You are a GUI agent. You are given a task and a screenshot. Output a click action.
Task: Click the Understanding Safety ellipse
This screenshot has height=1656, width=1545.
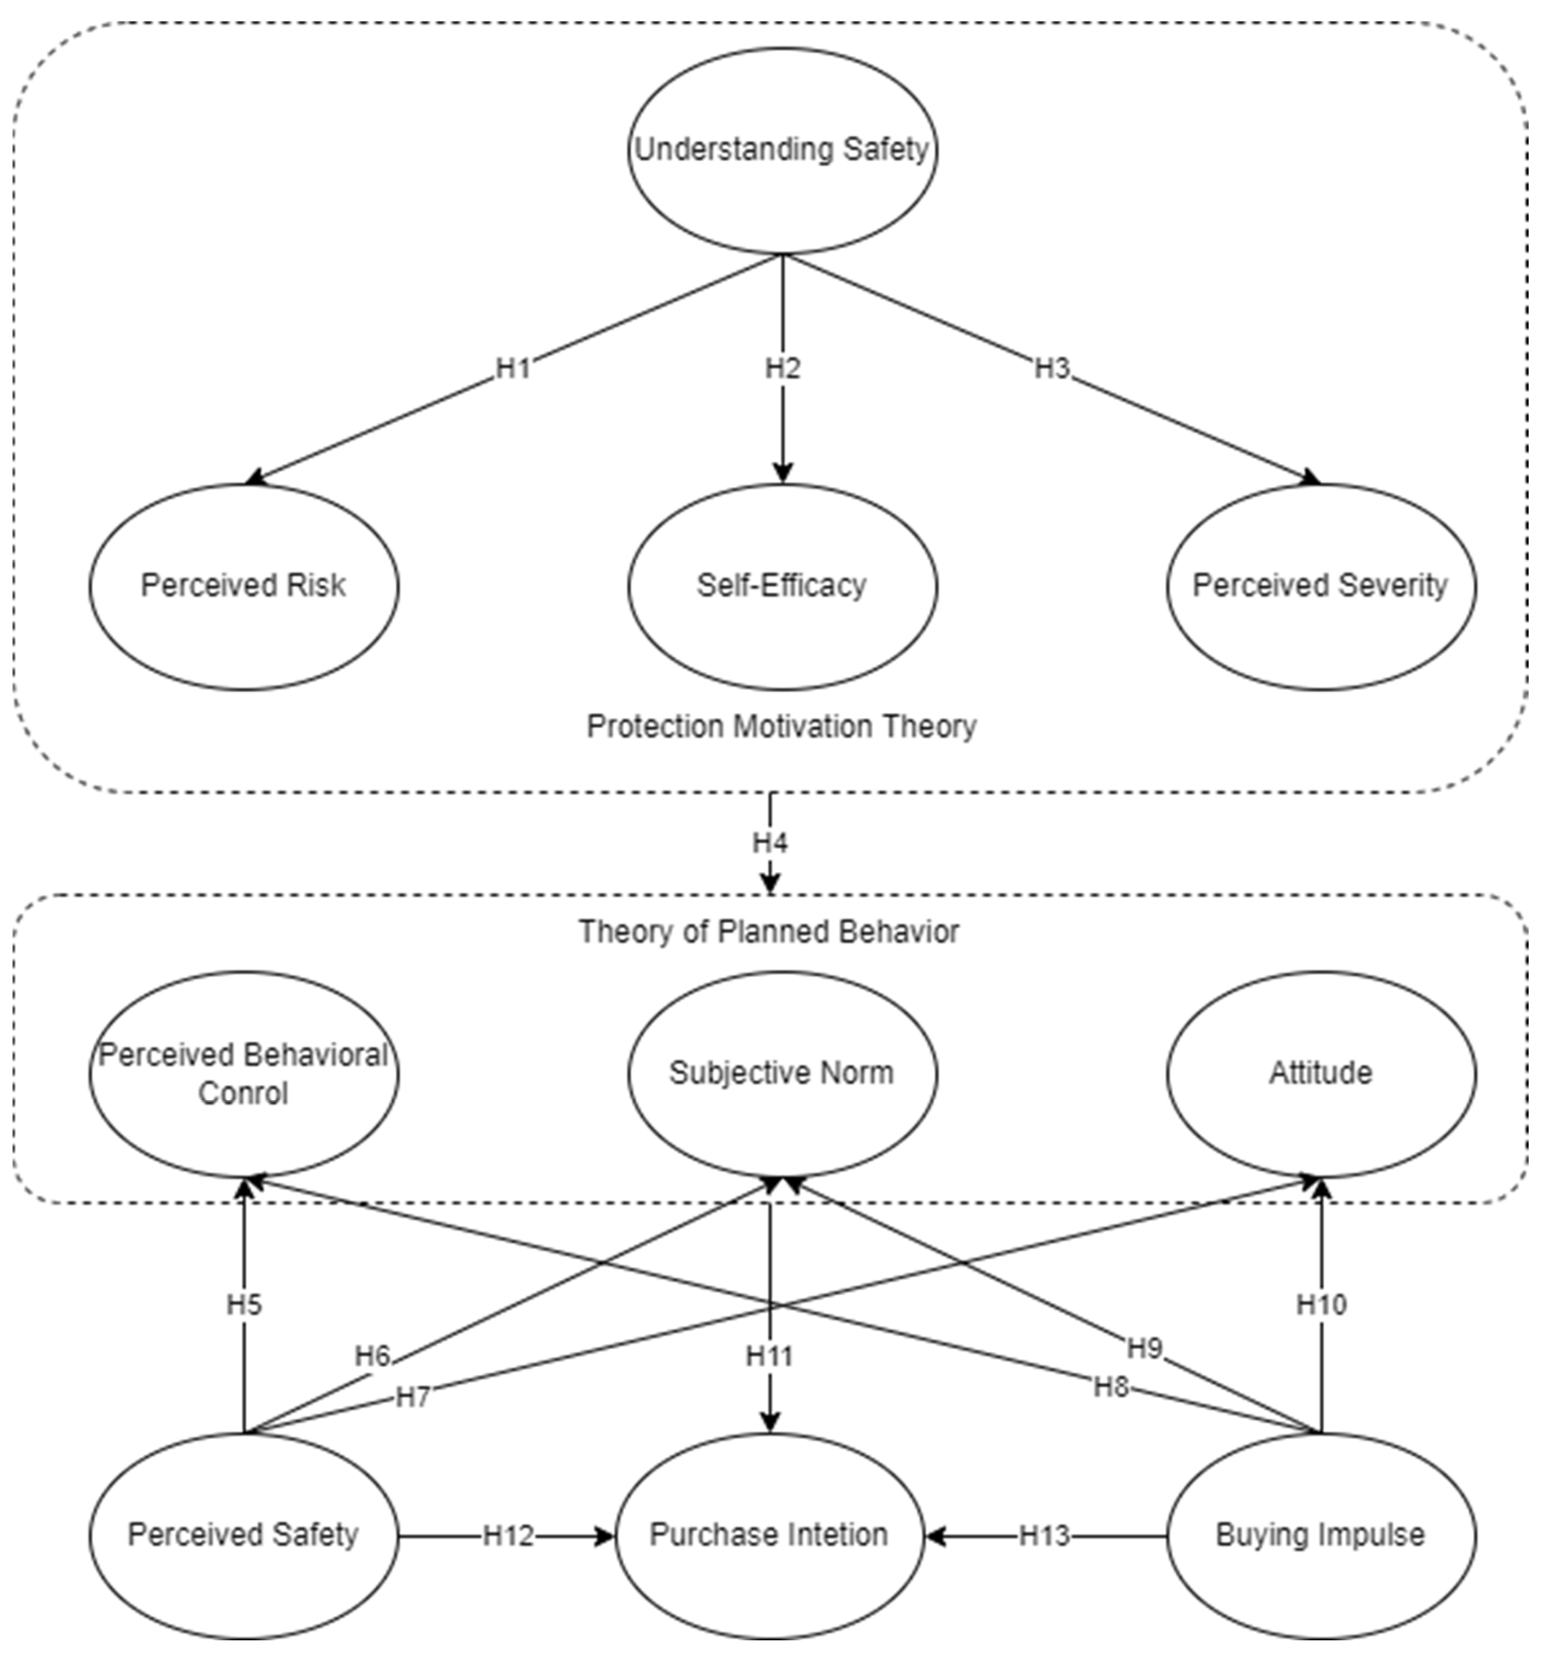782,150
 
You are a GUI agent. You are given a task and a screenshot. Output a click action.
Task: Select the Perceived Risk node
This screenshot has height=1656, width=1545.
243,585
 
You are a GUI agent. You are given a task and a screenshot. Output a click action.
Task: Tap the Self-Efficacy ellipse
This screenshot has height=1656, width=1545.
782,585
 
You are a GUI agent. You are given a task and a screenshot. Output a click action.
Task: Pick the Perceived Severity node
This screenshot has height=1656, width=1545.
1320,585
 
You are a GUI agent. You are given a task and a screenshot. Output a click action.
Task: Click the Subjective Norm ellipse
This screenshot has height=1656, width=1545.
782,1073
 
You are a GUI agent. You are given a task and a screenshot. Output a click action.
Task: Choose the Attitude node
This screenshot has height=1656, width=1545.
1320,1073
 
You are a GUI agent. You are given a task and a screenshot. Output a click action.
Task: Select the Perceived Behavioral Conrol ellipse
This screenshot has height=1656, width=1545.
243,1074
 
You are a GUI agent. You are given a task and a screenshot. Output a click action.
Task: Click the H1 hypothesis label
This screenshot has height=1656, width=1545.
513,368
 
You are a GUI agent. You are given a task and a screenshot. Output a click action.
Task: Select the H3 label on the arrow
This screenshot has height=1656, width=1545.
1051,368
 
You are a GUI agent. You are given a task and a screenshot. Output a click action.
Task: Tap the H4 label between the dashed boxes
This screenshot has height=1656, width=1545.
770,843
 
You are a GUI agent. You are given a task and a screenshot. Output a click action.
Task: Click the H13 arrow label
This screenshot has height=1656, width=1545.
1045,1535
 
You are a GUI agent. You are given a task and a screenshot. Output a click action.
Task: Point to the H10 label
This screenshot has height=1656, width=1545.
1321,1304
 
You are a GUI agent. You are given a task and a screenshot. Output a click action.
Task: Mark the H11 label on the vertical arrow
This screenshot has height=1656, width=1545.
769,1357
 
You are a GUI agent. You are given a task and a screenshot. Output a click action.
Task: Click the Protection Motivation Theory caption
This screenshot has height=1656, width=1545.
782,726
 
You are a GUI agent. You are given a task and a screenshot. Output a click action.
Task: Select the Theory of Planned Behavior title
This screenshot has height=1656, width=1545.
769,931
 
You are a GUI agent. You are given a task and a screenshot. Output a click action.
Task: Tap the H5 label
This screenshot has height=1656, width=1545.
244,1304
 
